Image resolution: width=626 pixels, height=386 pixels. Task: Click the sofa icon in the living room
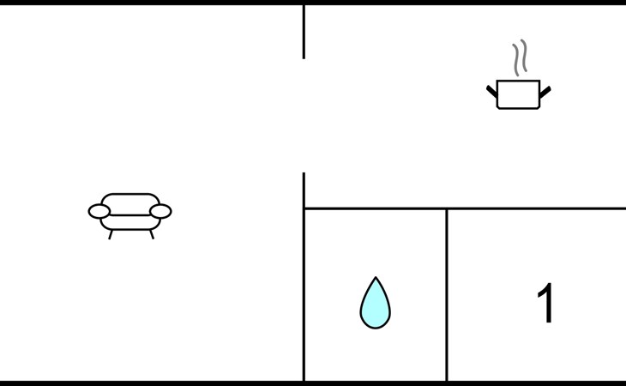pos(129,215)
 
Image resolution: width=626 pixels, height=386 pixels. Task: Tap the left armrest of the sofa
pos(99,211)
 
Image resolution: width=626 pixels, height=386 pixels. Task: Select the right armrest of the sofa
pos(160,211)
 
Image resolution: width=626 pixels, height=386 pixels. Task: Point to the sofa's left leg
pos(111,235)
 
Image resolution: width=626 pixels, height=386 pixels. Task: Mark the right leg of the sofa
pos(152,235)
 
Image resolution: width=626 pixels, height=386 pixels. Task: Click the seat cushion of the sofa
pos(130,223)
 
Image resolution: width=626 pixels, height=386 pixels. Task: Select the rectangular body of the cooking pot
pos(518,94)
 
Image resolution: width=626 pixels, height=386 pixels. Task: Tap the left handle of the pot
pos(492,92)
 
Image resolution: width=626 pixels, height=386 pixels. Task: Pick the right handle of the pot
pos(545,92)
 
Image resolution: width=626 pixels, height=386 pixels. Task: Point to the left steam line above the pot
pos(516,60)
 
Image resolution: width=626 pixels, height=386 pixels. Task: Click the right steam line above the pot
pos(524,56)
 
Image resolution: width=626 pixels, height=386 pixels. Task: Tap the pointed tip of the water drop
pos(376,276)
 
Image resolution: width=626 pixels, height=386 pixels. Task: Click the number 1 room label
pos(545,303)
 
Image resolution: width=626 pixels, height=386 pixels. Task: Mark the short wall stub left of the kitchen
pos(304,32)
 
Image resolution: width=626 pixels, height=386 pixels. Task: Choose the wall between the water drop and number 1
pos(447,295)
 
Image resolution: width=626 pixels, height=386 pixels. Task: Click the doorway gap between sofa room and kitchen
pos(304,116)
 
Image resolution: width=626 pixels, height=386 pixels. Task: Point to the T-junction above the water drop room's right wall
pos(447,208)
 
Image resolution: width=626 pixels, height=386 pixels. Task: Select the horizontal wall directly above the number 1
pos(536,208)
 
